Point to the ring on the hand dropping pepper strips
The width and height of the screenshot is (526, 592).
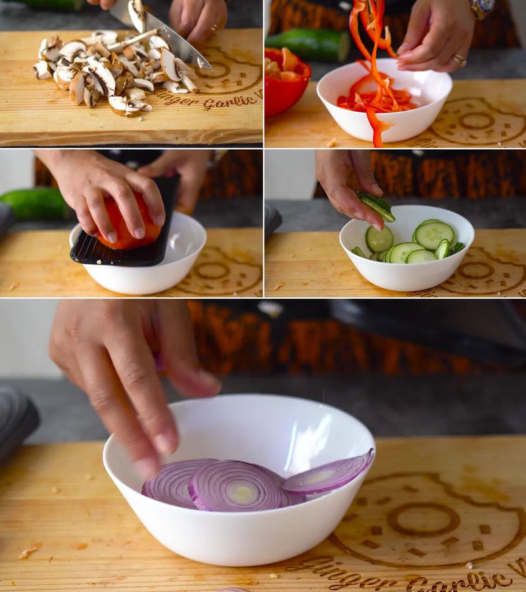[x=460, y=61]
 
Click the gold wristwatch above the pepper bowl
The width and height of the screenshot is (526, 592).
[x=482, y=7]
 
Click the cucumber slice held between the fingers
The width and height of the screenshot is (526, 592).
[x=376, y=205]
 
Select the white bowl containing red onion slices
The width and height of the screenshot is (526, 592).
[x=240, y=533]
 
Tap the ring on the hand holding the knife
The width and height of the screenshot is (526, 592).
[x=214, y=29]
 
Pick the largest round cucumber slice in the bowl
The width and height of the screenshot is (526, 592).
[x=434, y=234]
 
